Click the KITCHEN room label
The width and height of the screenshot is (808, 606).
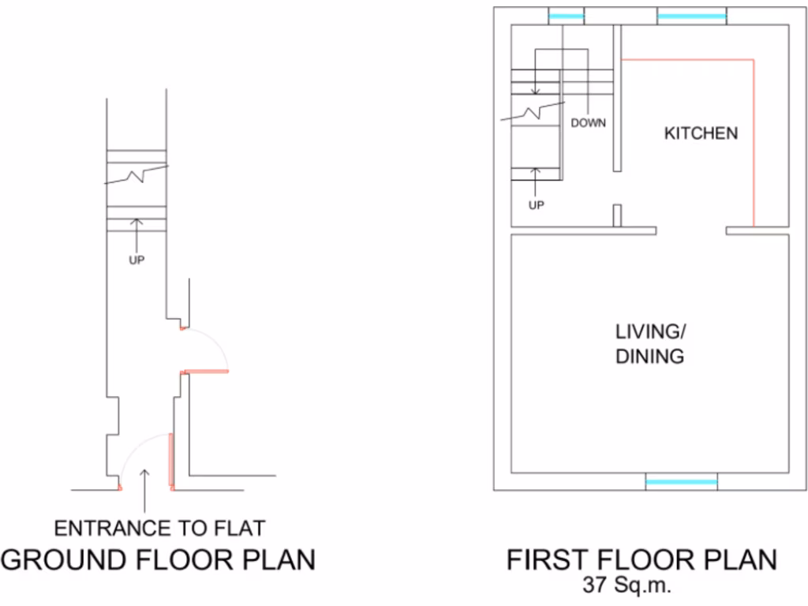point(701,133)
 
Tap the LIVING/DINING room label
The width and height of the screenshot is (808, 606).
point(649,343)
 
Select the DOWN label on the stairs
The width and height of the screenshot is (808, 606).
point(588,123)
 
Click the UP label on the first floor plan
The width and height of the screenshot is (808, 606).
point(536,205)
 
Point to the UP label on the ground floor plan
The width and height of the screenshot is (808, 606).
point(137,260)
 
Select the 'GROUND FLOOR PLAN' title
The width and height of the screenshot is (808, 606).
point(158,559)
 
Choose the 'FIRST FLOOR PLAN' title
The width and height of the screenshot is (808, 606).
point(641,559)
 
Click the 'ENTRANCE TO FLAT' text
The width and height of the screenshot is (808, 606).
point(159,527)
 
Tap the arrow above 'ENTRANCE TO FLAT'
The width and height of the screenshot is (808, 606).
point(144,489)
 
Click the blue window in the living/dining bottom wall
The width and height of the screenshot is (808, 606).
point(682,481)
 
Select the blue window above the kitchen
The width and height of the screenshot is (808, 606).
point(691,16)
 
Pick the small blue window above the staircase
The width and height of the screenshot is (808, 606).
point(566,16)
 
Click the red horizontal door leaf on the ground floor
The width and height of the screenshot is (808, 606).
point(204,370)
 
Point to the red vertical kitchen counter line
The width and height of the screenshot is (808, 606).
point(754,142)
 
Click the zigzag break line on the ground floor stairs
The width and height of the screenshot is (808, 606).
point(137,174)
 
